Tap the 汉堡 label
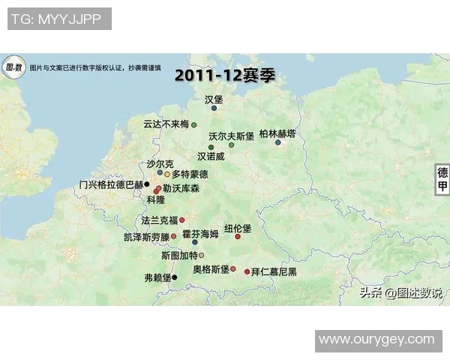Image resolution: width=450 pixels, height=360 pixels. pos(214,99)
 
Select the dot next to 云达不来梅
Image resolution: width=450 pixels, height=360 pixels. pos(193,124)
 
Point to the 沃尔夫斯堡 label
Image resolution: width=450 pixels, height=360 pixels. pos(232,136)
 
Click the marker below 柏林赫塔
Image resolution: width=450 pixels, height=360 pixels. pos(277,142)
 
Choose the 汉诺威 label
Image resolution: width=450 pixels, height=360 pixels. pos(211,157)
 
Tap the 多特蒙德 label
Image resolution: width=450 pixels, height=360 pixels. pos(190,174)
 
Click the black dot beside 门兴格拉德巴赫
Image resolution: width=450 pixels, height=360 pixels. pos(147,184)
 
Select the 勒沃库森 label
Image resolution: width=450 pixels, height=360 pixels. pos(181,190)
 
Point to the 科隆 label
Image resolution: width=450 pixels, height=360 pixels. pos(155,200)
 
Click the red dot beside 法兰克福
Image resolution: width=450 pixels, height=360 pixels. pos(182,220)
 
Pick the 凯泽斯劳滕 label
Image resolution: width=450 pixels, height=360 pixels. pos(146,237)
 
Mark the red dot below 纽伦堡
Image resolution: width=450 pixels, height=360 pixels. pos(238,237)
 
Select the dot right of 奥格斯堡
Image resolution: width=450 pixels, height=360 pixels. pos(233,268)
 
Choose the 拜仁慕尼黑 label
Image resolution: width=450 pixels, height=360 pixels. pos(274,271)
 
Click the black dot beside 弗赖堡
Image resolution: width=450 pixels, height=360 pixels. pos(174,277)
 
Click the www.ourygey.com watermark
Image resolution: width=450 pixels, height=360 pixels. pos(376,340)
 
